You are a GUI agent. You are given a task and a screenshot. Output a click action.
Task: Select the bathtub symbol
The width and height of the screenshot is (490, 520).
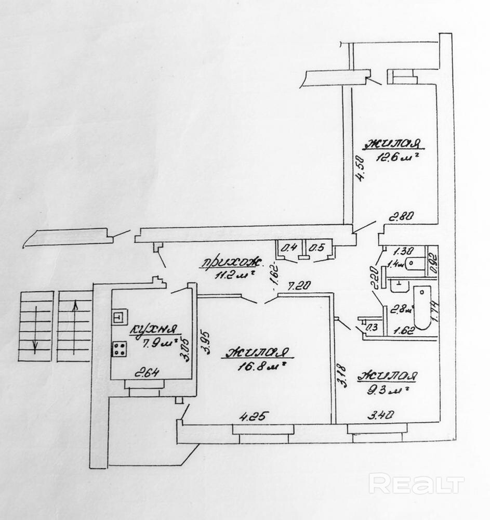point(422,307)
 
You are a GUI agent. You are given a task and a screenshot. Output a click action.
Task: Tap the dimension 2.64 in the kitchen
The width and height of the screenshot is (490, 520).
point(147,372)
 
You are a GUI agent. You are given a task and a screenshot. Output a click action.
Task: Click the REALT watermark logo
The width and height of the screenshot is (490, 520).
point(416,484)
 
